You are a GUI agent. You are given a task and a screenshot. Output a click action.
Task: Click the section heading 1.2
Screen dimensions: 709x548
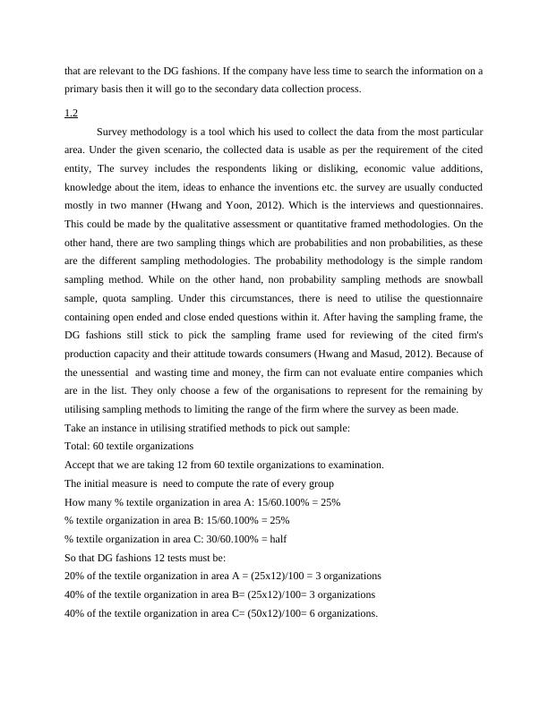pos(72,113)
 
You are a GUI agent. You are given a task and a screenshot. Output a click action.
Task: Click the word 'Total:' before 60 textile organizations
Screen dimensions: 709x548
pos(79,446)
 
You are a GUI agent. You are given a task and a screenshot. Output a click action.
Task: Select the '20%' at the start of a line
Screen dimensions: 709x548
pos(75,577)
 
